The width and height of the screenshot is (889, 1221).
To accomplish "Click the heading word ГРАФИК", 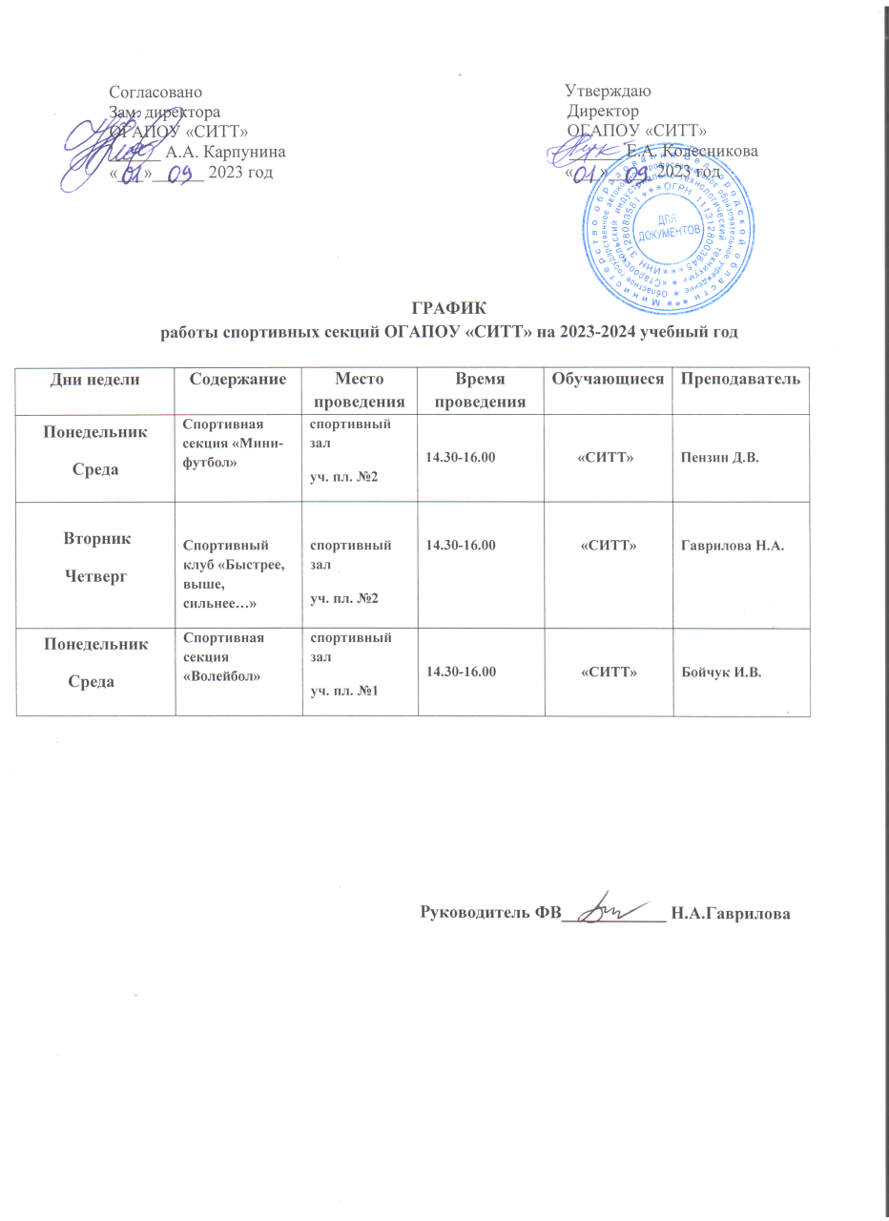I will tap(448, 309).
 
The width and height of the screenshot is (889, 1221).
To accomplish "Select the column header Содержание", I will tap(238, 380).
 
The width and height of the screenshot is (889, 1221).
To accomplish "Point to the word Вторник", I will tap(94, 539).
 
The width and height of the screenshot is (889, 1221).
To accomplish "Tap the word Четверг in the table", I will tap(94, 576).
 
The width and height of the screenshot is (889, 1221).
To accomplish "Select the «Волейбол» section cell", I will tap(222, 657).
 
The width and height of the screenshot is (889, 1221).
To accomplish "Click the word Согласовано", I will tap(155, 93).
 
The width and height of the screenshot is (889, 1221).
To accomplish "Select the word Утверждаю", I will tap(608, 93).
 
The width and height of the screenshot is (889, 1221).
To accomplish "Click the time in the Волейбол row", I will tap(463, 673).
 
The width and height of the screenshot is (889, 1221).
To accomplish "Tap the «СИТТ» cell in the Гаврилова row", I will tap(609, 546).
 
